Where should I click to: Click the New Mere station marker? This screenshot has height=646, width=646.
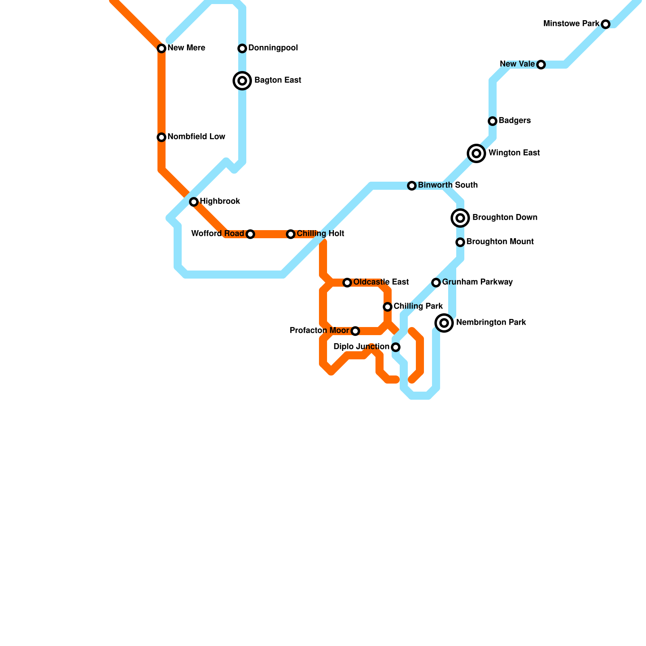(161, 48)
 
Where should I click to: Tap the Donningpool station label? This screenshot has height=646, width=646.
(273, 48)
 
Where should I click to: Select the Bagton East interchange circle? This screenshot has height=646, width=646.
(242, 81)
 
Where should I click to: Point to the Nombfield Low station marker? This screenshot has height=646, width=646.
(161, 137)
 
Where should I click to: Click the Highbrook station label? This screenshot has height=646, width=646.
(220, 201)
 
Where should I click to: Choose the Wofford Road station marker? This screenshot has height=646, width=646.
(250, 234)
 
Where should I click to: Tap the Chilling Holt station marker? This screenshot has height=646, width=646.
(291, 234)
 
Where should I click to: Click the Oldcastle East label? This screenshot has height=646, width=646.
(381, 282)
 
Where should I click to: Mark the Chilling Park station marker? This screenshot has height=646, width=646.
(388, 307)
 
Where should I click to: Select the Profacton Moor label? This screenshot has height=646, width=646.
(319, 331)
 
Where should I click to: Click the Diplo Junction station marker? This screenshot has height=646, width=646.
(396, 347)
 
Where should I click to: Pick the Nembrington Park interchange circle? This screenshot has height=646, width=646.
(444, 323)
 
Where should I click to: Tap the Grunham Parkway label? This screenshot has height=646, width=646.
(477, 282)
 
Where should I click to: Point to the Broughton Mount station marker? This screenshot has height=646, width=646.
(460, 242)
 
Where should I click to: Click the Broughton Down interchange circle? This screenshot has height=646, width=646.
(460, 218)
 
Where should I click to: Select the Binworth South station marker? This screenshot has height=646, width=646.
(412, 186)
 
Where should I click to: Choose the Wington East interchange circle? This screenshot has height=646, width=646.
(476, 153)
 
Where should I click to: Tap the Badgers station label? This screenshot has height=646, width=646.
(514, 120)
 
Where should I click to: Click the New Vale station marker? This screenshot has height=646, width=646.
(541, 65)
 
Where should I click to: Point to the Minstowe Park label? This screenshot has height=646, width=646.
(571, 23)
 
